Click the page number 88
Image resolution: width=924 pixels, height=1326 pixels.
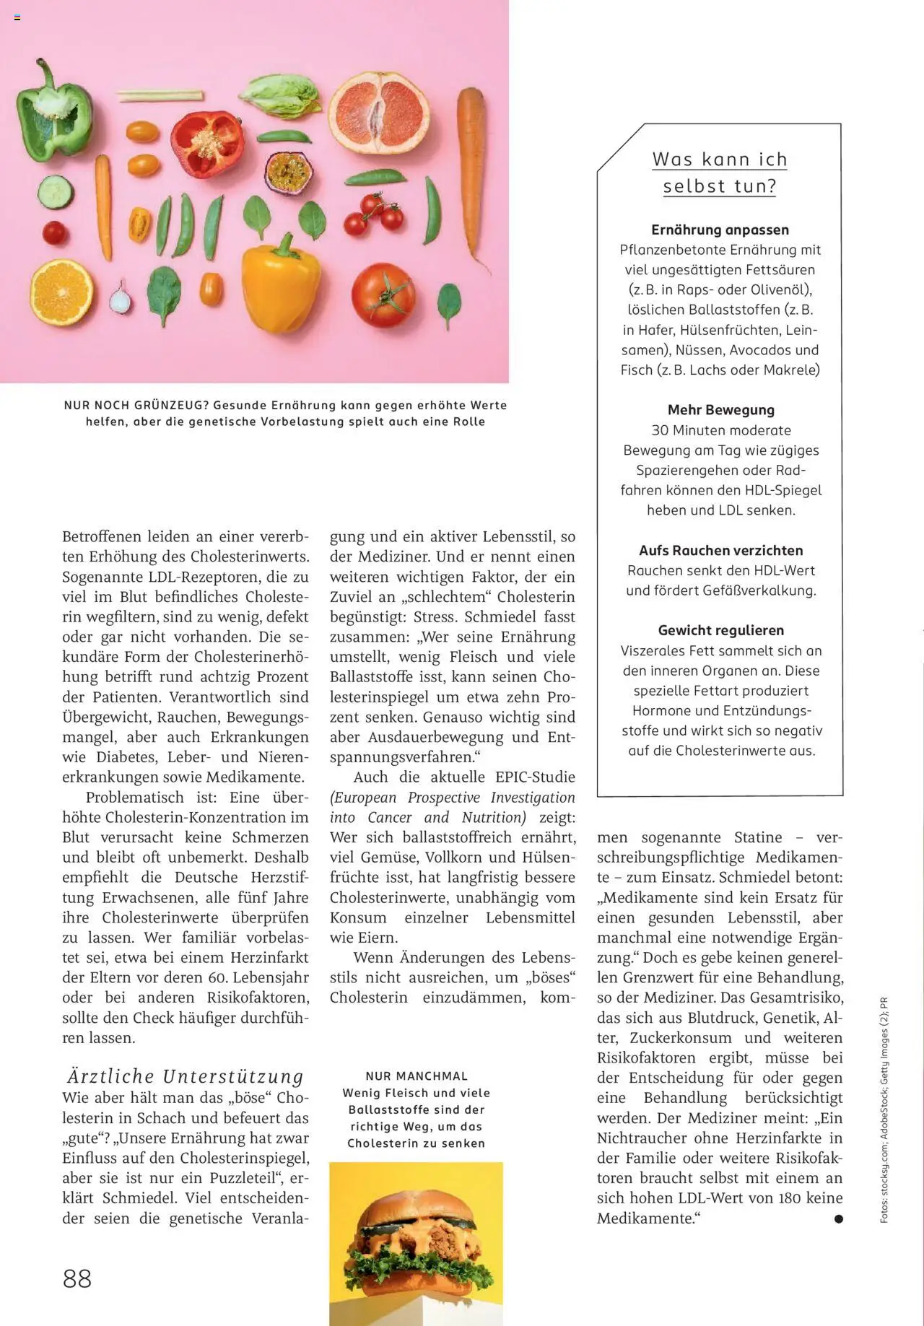coord(77,1278)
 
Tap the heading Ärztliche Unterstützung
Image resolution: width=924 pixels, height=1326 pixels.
coord(186,1076)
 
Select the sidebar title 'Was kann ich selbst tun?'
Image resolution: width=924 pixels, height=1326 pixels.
coord(720,173)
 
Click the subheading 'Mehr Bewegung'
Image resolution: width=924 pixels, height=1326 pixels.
coord(720,410)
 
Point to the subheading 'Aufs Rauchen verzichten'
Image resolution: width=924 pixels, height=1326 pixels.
coord(720,550)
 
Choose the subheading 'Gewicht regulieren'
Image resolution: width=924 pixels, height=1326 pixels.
coord(720,630)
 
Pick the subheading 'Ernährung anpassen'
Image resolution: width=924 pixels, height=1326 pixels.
coord(720,230)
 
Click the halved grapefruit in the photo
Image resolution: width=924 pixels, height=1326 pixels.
coord(378,113)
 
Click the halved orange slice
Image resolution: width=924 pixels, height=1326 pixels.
coord(61,292)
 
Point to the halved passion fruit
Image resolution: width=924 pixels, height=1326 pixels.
coord(289,172)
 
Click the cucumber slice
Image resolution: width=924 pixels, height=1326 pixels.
coord(55,192)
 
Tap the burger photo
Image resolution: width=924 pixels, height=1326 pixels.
coord(416,1242)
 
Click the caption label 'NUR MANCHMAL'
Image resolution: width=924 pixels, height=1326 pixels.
coord(417,1076)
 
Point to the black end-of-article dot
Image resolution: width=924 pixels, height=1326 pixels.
coord(838,1218)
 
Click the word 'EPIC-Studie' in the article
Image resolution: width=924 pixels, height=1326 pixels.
coord(535,777)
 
